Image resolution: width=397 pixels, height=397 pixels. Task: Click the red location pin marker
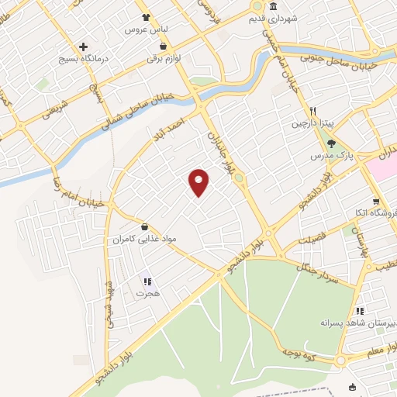click(x=199, y=181)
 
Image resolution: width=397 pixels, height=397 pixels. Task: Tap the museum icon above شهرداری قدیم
click(x=257, y=5)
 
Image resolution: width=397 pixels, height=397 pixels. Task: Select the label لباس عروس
click(x=153, y=30)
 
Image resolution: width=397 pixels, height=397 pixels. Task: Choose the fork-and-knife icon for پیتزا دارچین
click(x=314, y=111)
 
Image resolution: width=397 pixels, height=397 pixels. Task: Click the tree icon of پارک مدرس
click(x=331, y=143)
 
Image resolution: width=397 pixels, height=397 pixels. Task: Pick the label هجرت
click(x=147, y=294)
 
